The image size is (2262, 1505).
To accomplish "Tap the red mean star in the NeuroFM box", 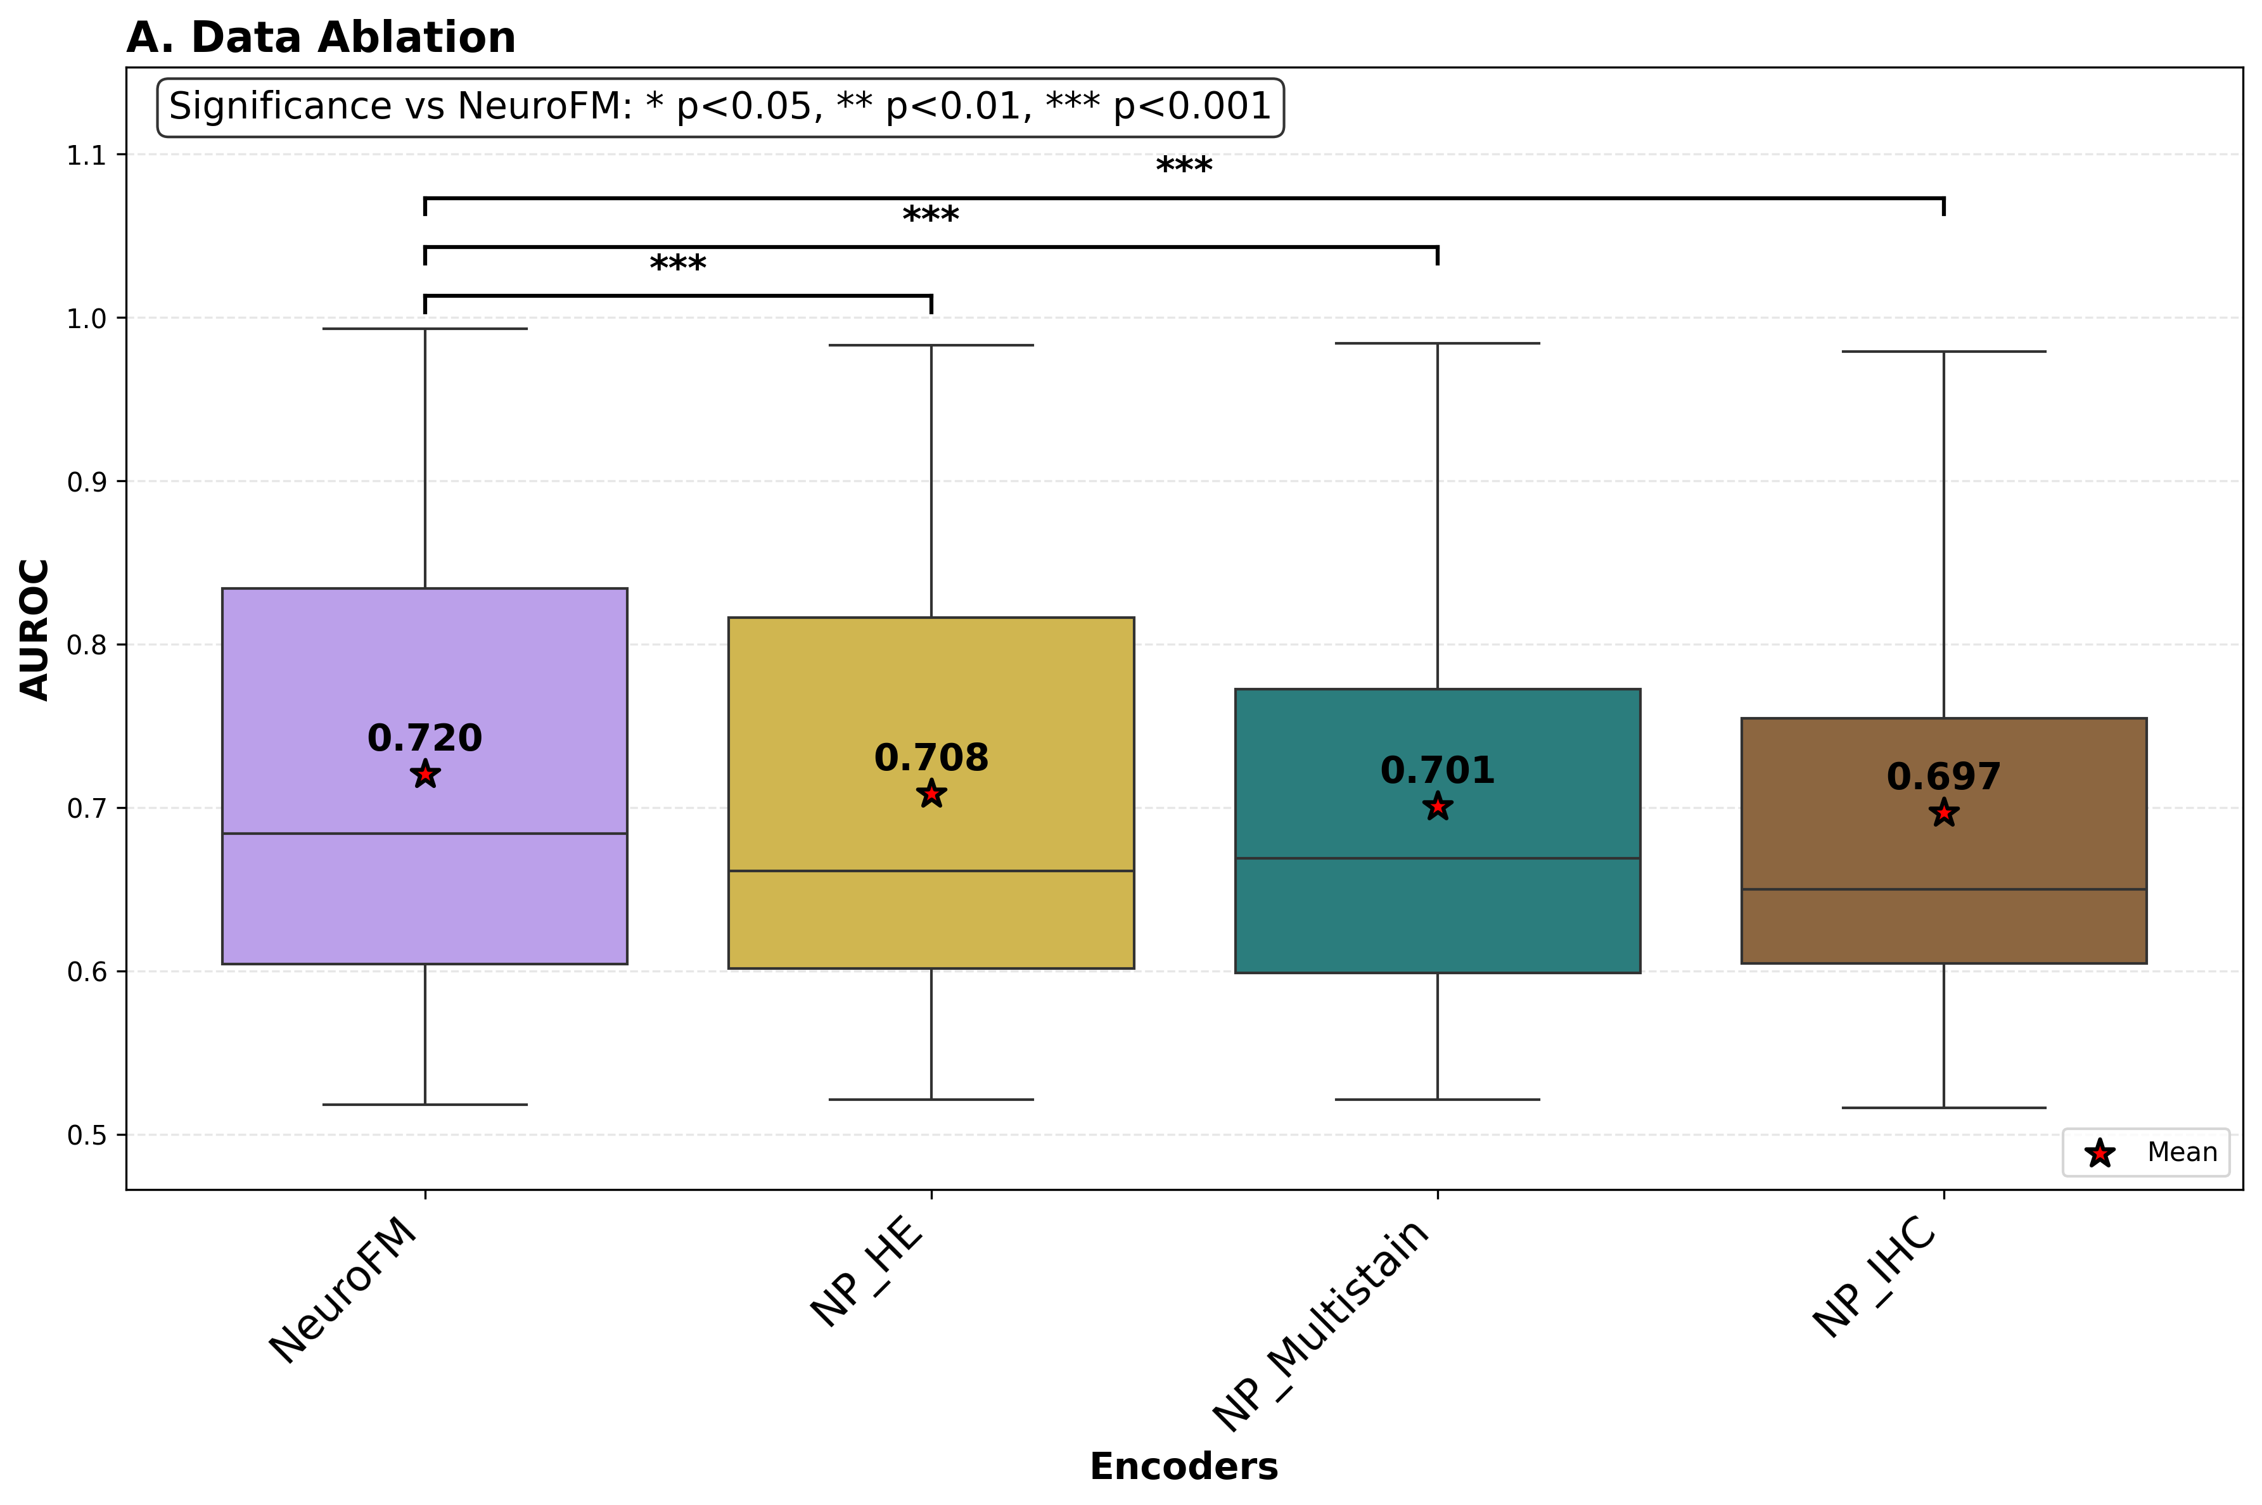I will pyautogui.click(x=425, y=773).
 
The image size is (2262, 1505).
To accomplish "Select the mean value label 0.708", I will pyautogui.click(x=930, y=758).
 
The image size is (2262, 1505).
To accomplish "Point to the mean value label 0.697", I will pyautogui.click(x=1943, y=777).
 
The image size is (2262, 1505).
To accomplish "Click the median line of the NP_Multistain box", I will pyautogui.click(x=1437, y=858).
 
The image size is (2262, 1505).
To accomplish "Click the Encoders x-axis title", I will pyautogui.click(x=1183, y=1466).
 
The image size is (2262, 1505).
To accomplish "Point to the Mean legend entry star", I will pyautogui.click(x=2100, y=1153).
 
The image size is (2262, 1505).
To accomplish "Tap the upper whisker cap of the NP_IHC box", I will pyautogui.click(x=1943, y=352).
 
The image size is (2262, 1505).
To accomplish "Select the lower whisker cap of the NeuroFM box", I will pyautogui.click(x=425, y=1104).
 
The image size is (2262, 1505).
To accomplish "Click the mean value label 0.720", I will pyautogui.click(x=425, y=737).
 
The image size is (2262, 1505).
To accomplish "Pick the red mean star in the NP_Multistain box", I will pyautogui.click(x=1437, y=807).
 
